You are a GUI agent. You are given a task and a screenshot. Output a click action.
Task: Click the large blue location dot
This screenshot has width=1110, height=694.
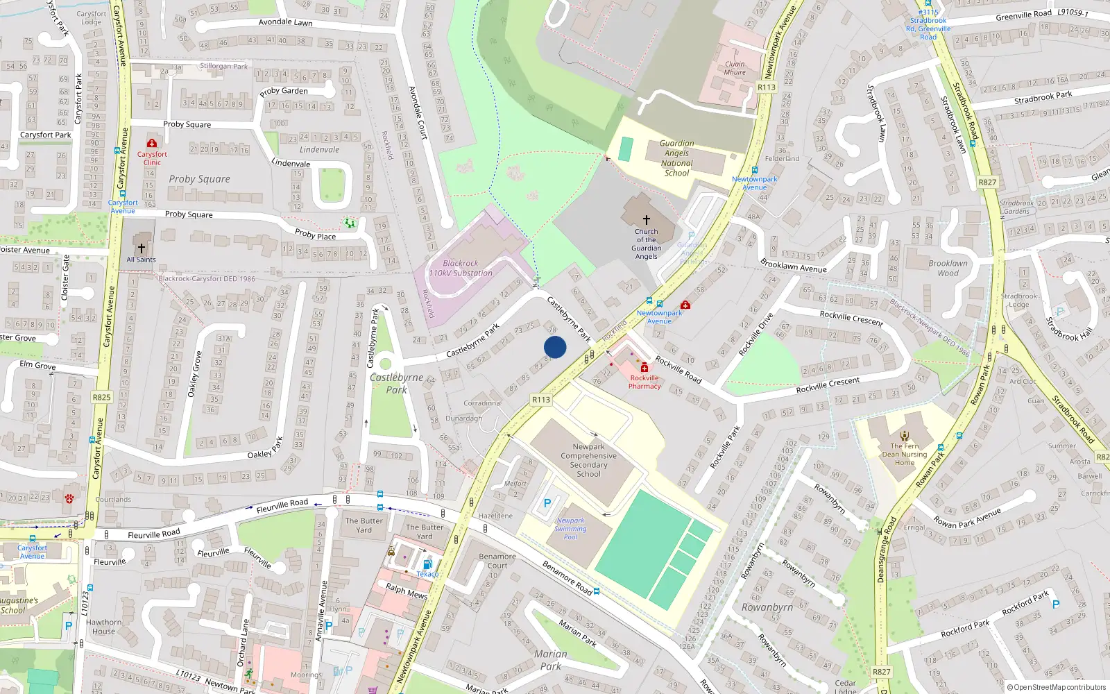point(555,347)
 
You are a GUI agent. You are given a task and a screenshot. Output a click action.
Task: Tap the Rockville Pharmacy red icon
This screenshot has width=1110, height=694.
point(644,367)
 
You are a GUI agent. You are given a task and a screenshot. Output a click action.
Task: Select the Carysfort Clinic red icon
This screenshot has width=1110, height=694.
point(151,144)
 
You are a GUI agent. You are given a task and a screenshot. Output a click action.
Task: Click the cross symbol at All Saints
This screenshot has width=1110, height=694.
point(142,248)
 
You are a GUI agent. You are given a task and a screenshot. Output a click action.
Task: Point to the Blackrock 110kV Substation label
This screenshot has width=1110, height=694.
point(461,269)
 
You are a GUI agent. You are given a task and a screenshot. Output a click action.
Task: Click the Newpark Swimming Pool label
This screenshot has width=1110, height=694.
point(570,529)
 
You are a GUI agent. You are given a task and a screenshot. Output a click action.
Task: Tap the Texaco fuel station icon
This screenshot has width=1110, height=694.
point(427,564)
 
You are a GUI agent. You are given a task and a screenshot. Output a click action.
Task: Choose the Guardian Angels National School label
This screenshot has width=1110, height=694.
point(676,158)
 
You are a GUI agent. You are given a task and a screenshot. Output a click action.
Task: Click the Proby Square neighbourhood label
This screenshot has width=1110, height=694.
point(199,179)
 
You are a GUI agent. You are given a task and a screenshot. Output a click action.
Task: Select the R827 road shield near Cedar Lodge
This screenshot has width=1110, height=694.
point(881,672)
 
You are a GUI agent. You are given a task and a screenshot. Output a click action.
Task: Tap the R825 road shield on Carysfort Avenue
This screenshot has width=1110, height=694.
point(101,398)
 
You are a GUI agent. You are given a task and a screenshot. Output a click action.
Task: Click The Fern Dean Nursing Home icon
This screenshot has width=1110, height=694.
point(905,435)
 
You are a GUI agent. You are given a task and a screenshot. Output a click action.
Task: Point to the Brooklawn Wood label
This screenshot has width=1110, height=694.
point(948,268)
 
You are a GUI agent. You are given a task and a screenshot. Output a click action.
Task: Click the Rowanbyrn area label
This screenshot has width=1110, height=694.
point(767,607)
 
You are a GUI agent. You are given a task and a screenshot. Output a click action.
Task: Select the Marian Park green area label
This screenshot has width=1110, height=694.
point(551,660)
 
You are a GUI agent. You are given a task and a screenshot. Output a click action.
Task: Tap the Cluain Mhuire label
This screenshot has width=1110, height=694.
point(735,68)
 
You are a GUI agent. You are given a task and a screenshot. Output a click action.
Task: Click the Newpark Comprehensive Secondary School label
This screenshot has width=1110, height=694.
point(588,460)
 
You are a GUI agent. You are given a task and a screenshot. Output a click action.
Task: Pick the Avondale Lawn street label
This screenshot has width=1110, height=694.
point(285,22)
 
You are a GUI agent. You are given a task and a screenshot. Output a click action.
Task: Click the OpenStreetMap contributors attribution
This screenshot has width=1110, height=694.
point(1055,688)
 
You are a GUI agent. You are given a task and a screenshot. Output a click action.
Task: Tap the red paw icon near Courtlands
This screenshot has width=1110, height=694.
point(69,498)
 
